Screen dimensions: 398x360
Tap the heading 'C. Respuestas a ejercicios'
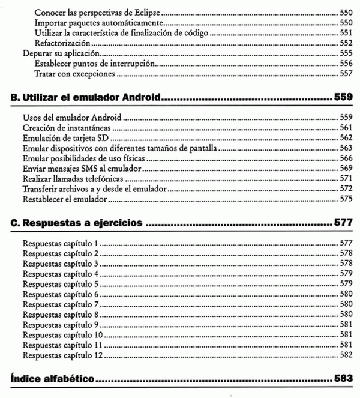(x=77, y=223)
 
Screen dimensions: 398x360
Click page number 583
(x=341, y=379)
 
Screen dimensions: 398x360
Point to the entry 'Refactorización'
(x=62, y=43)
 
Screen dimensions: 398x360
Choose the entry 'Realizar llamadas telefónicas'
(x=71, y=179)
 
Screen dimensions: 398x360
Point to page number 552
(x=345, y=43)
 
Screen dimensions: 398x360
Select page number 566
(x=345, y=159)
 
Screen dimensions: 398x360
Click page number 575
(x=345, y=199)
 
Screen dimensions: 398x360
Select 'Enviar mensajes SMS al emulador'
(x=76, y=169)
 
